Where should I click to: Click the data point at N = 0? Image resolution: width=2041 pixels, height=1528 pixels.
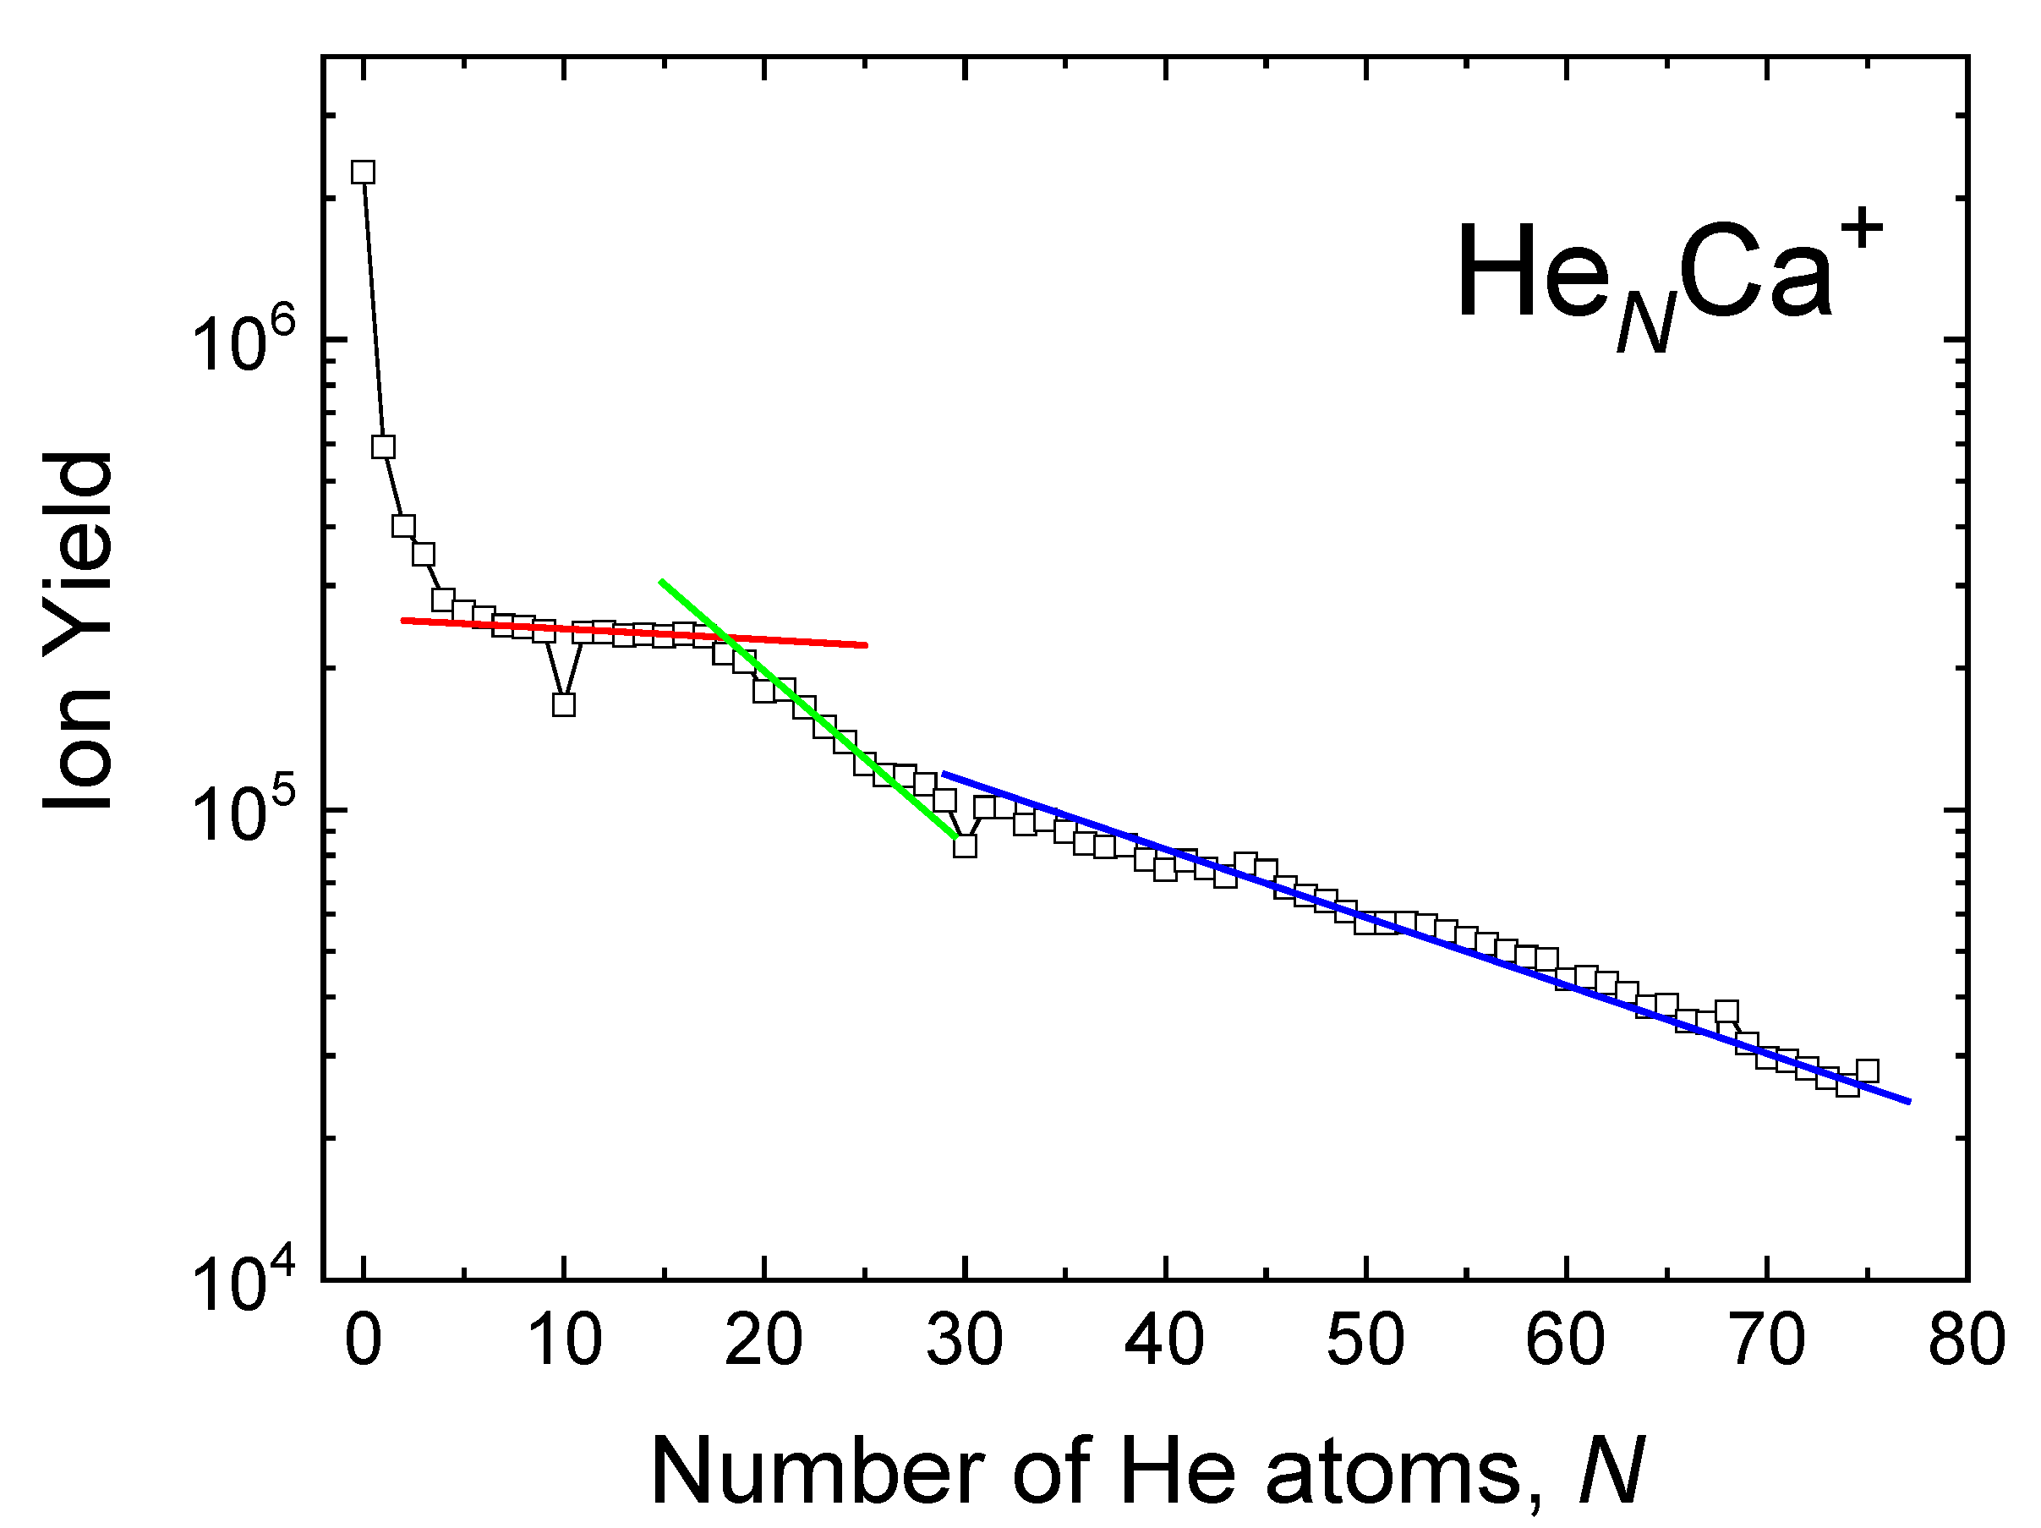tap(364, 173)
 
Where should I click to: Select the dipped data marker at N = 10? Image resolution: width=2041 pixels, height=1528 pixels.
tap(564, 705)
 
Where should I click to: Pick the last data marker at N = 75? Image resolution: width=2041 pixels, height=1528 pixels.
tap(1868, 1071)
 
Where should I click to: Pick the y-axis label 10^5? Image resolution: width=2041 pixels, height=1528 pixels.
tap(245, 812)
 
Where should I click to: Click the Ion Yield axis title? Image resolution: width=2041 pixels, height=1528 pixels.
tap(79, 632)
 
